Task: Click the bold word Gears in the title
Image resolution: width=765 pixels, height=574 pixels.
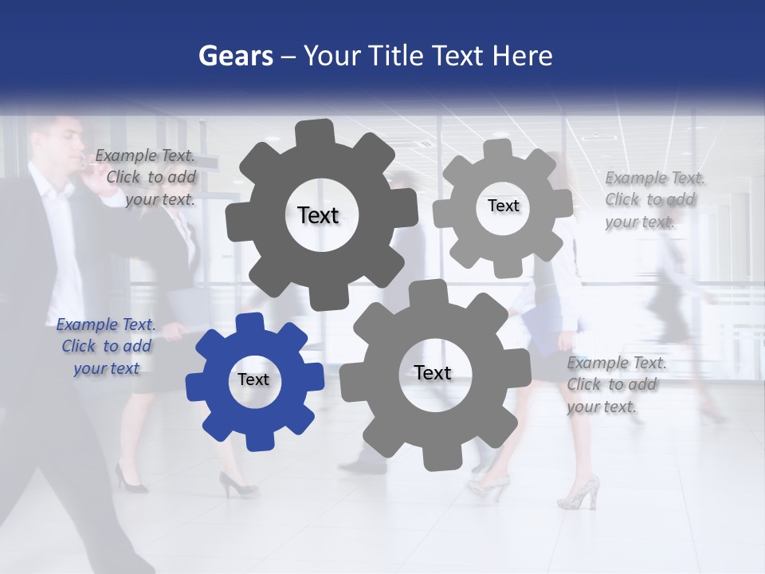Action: coord(236,56)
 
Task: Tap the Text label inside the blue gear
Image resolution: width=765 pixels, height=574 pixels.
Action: coord(253,379)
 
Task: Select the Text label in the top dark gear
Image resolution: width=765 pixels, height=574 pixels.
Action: coord(318,215)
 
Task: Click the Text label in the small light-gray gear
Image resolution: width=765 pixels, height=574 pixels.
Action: coord(503,206)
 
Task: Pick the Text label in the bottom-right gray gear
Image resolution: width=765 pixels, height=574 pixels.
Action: coord(433,372)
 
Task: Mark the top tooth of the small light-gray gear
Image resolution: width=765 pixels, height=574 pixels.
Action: coord(498,148)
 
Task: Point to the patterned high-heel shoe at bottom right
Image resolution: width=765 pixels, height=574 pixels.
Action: coord(579,493)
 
